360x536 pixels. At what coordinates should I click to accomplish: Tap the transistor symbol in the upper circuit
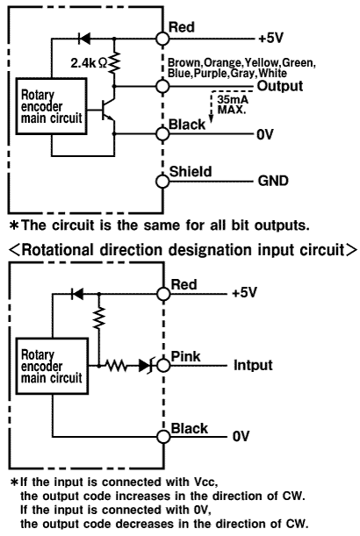coord(109,110)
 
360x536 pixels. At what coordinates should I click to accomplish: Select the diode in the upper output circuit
coord(84,39)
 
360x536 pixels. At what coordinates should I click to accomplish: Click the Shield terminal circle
coord(162,182)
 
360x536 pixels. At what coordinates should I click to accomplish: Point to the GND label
coord(273,181)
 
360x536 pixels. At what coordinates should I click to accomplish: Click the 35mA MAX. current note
coord(233,104)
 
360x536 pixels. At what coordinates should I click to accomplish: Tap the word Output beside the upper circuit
coord(280,86)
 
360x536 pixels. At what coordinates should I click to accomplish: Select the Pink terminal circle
coord(163,366)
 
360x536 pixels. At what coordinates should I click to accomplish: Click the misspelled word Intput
coord(253,365)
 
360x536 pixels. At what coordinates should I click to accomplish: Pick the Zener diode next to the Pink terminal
coord(146,366)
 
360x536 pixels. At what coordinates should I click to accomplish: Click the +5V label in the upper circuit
coord(270,39)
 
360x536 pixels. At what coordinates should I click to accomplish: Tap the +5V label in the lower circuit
coord(244,293)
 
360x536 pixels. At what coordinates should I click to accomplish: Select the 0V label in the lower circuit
coord(241,437)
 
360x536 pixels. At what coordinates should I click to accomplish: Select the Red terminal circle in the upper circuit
coord(162,39)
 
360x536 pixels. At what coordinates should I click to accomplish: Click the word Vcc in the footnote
coord(204,482)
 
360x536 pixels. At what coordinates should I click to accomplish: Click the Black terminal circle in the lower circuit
coord(163,437)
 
